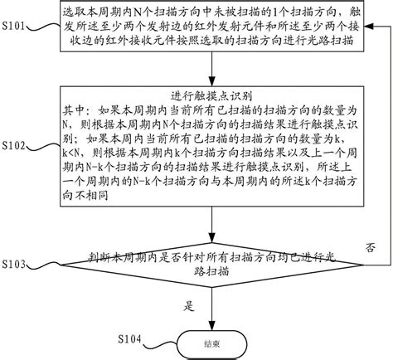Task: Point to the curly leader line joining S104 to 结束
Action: point(159,340)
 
